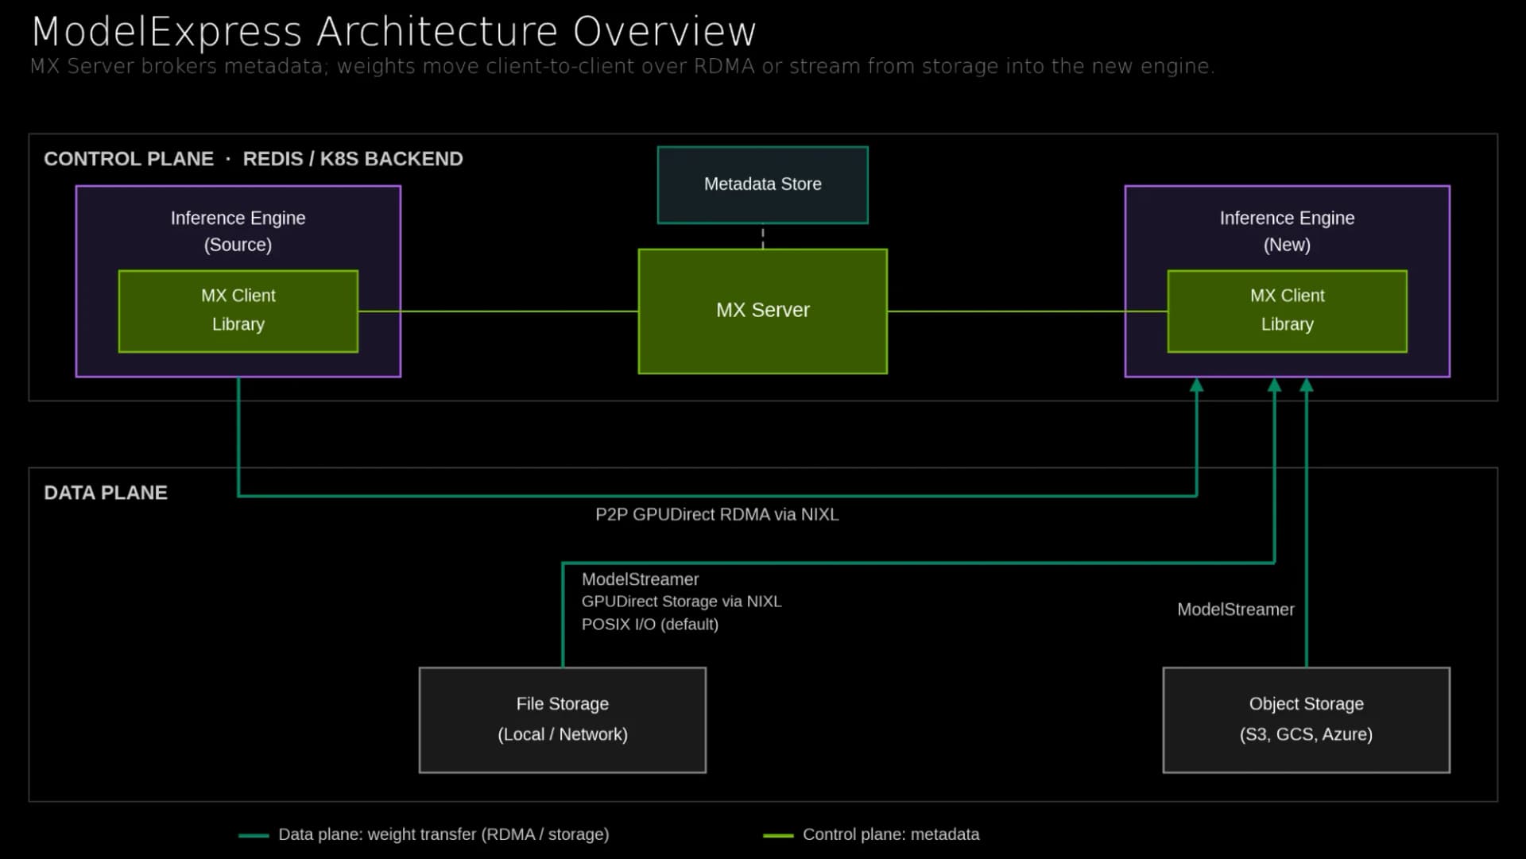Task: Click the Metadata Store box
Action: click(762, 184)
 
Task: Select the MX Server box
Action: click(762, 311)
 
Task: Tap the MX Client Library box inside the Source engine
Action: click(238, 311)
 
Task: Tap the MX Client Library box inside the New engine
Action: click(1287, 311)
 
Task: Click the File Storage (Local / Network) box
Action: click(563, 720)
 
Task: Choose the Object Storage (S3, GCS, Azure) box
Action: click(1306, 720)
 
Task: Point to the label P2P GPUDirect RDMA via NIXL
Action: click(717, 515)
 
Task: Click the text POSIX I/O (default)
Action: click(650, 625)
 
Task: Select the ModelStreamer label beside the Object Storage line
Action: click(1235, 609)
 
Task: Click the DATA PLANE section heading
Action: click(106, 493)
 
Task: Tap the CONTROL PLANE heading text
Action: click(129, 159)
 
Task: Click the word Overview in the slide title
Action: click(664, 32)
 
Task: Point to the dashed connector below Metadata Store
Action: click(763, 237)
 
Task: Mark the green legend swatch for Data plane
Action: click(254, 835)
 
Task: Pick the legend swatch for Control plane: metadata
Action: click(778, 835)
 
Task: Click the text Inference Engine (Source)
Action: click(238, 231)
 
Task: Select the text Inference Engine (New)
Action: click(1287, 231)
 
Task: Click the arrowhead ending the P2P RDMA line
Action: click(1196, 385)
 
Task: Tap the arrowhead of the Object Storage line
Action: click(1306, 385)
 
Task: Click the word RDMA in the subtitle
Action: click(724, 66)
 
